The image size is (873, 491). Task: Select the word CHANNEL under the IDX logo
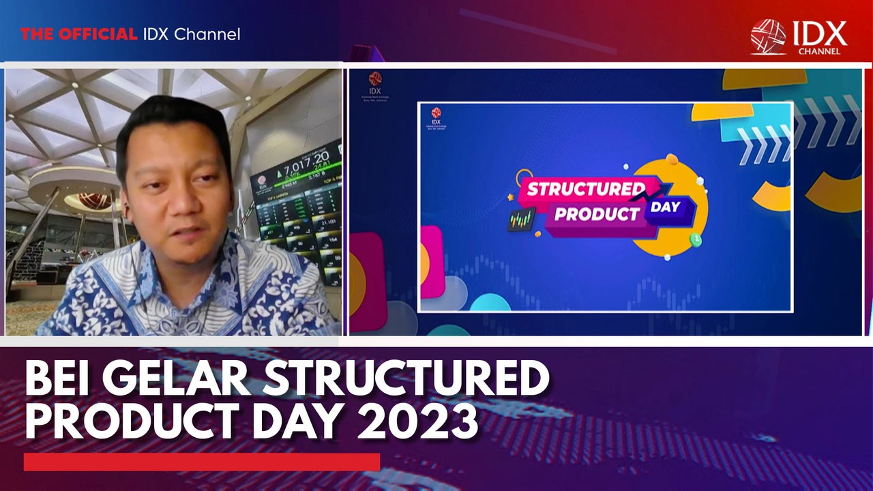(818, 50)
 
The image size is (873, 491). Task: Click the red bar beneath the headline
(201, 462)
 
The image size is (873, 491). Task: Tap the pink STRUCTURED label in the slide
(585, 189)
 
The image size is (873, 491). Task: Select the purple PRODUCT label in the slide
(596, 214)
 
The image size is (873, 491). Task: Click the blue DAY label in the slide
(664, 206)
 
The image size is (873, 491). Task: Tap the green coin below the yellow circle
(695, 239)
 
